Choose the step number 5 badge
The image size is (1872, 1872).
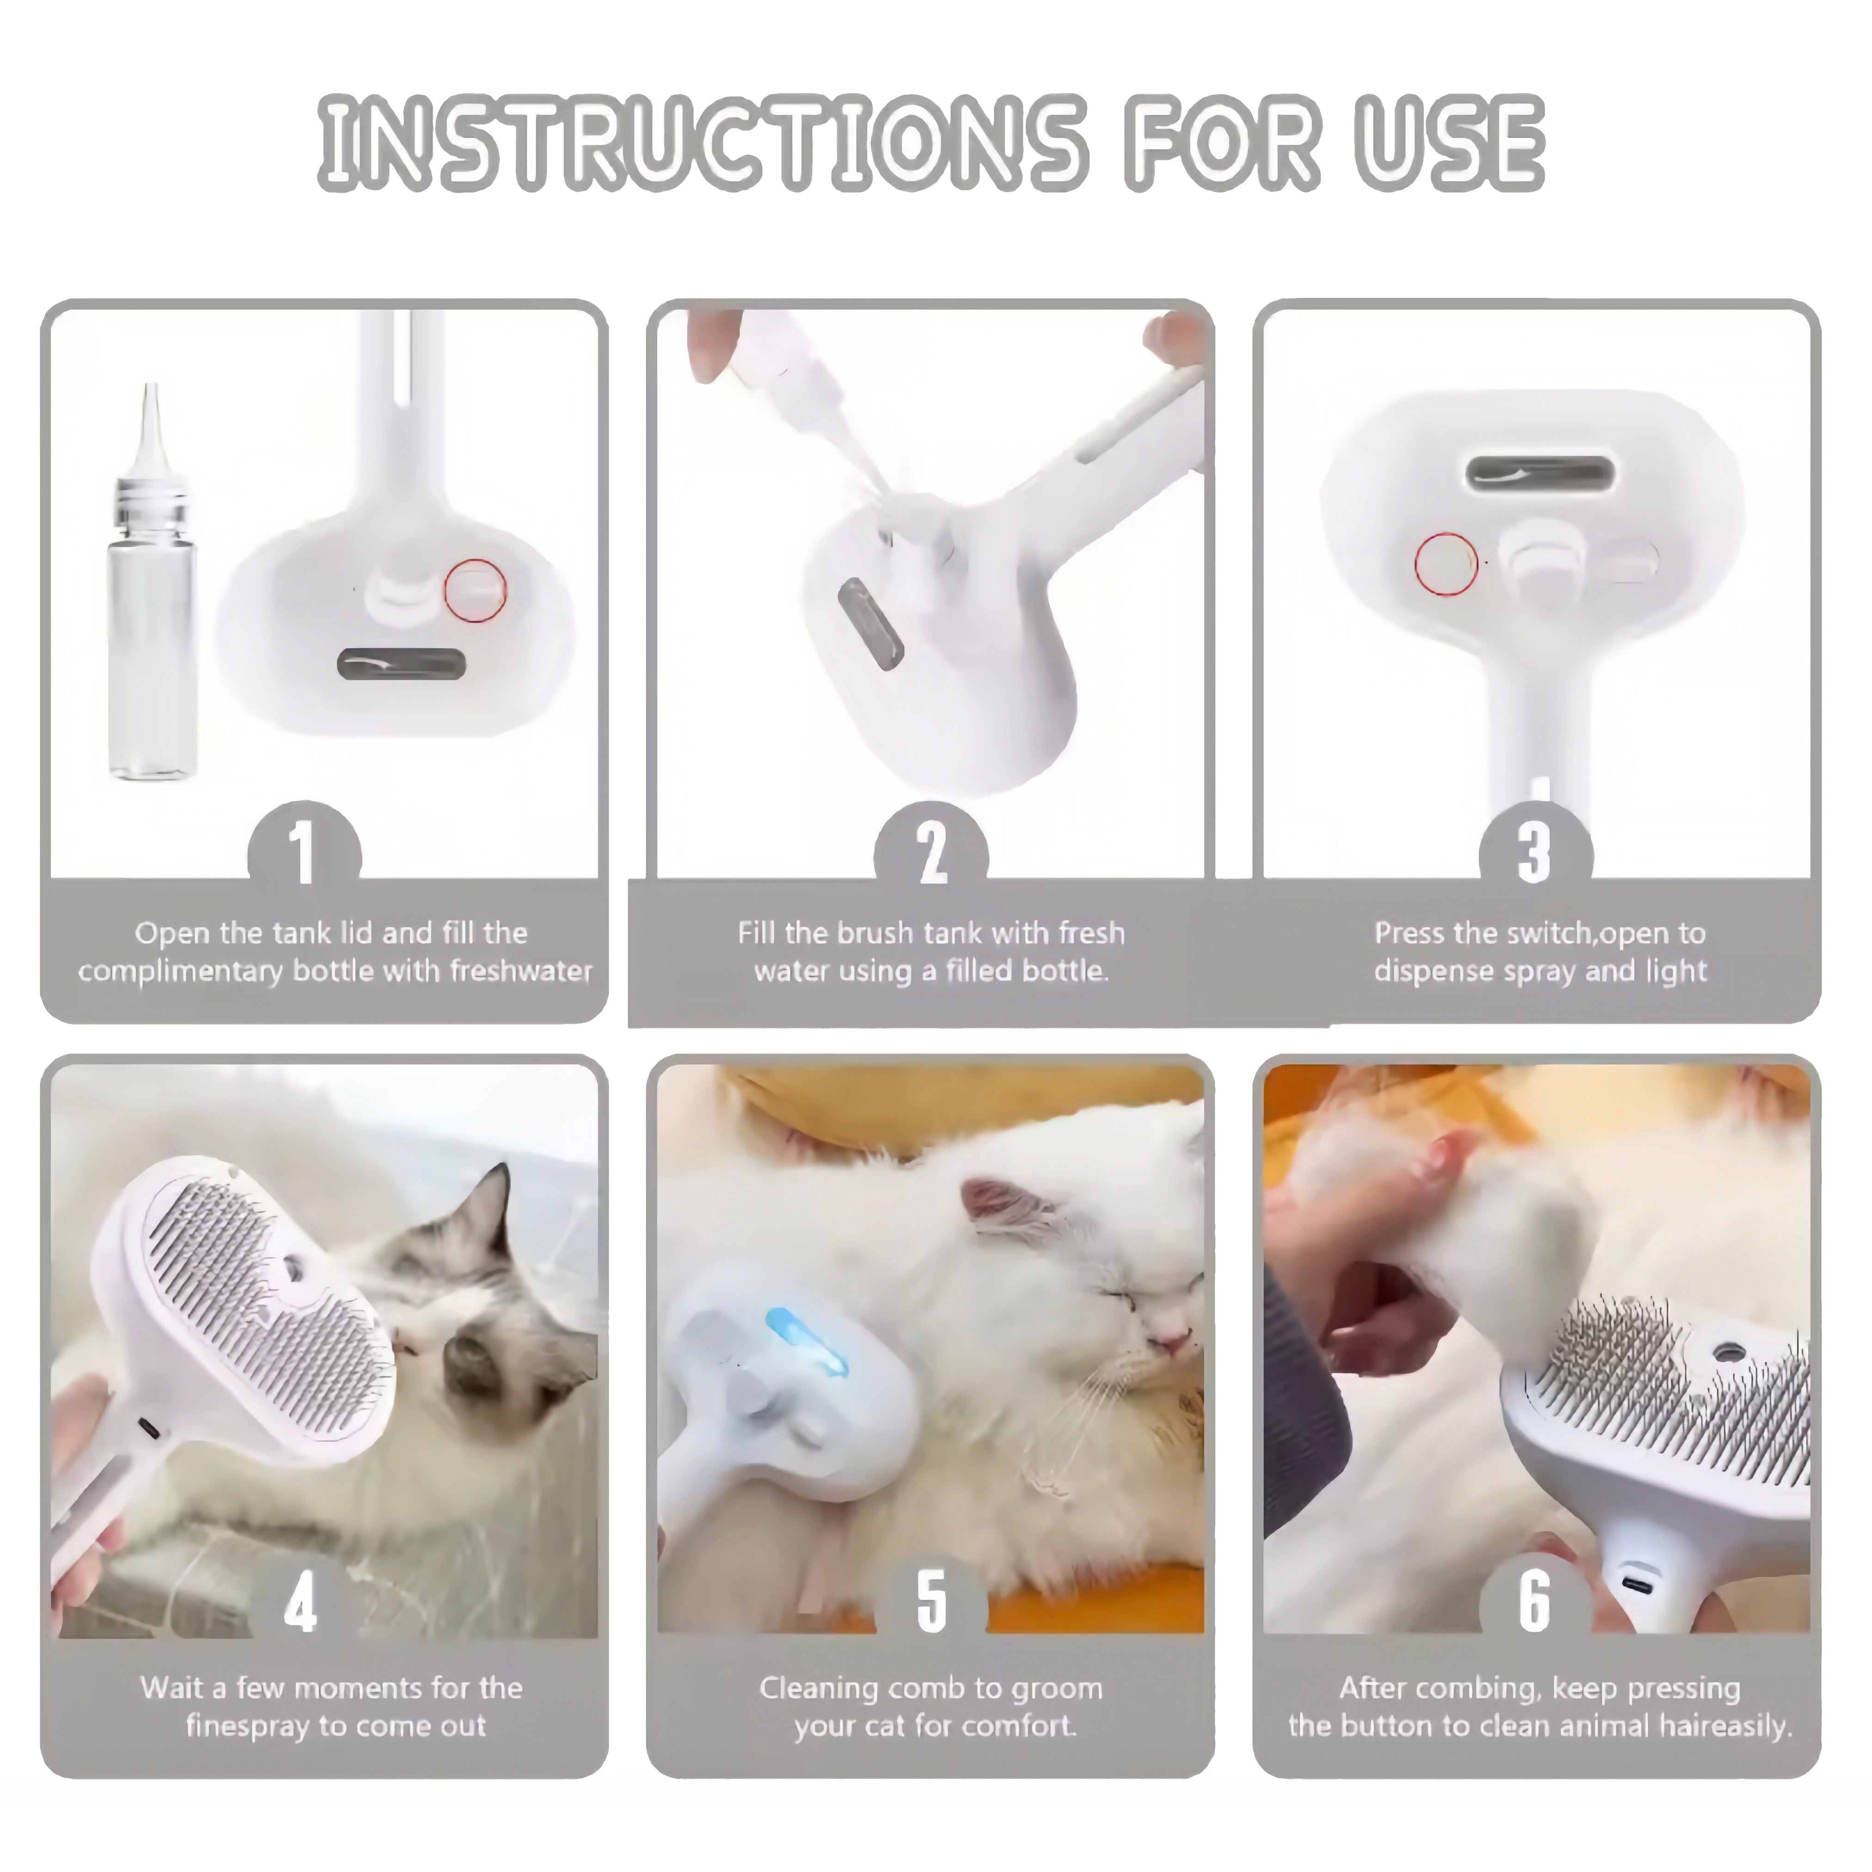coord(931,1601)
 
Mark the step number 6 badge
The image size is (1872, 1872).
coord(1536,1601)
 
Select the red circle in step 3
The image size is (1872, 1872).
coord(1446,564)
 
